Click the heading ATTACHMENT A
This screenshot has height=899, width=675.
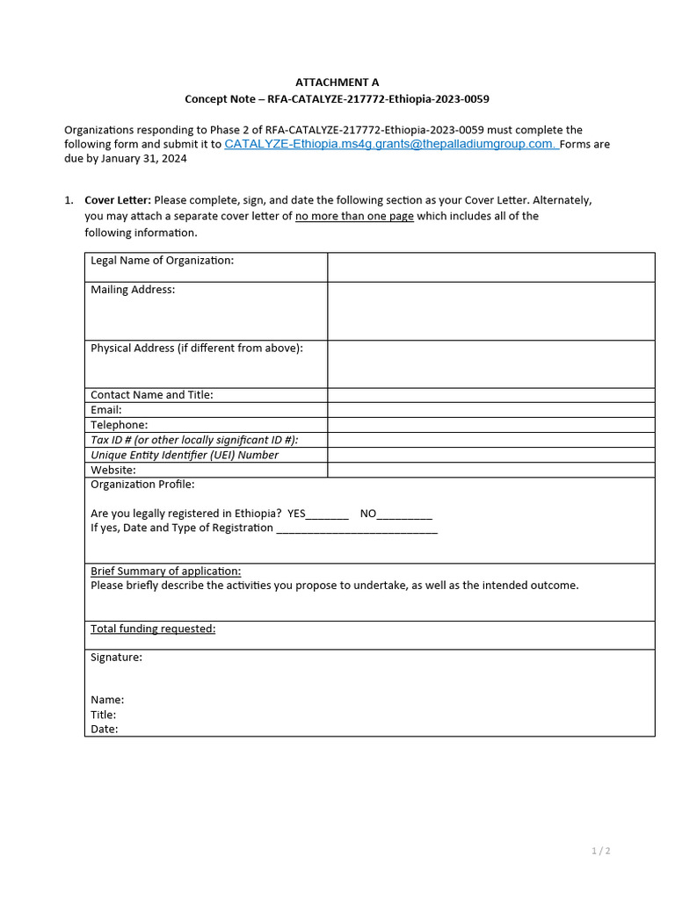[x=337, y=82]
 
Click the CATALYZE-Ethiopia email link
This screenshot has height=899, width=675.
[x=390, y=144]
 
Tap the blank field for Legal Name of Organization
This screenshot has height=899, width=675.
[x=490, y=267]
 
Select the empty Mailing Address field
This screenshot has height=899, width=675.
[x=490, y=311]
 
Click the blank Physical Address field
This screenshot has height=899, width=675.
[x=490, y=363]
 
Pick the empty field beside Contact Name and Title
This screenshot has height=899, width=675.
[x=490, y=395]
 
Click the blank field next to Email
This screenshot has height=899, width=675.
[x=490, y=410]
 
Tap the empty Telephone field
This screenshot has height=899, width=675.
[x=490, y=425]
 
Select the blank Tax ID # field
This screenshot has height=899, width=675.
[x=490, y=440]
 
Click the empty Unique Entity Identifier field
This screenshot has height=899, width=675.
[x=490, y=455]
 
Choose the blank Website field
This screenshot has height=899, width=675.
[x=490, y=470]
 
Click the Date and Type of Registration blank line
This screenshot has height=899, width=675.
[x=357, y=529]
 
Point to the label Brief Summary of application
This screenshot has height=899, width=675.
[x=165, y=571]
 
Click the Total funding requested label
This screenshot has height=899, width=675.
[x=153, y=629]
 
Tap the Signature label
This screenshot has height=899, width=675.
[x=116, y=657]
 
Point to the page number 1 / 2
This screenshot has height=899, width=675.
[x=600, y=851]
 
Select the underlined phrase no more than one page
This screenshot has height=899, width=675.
[x=354, y=216]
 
